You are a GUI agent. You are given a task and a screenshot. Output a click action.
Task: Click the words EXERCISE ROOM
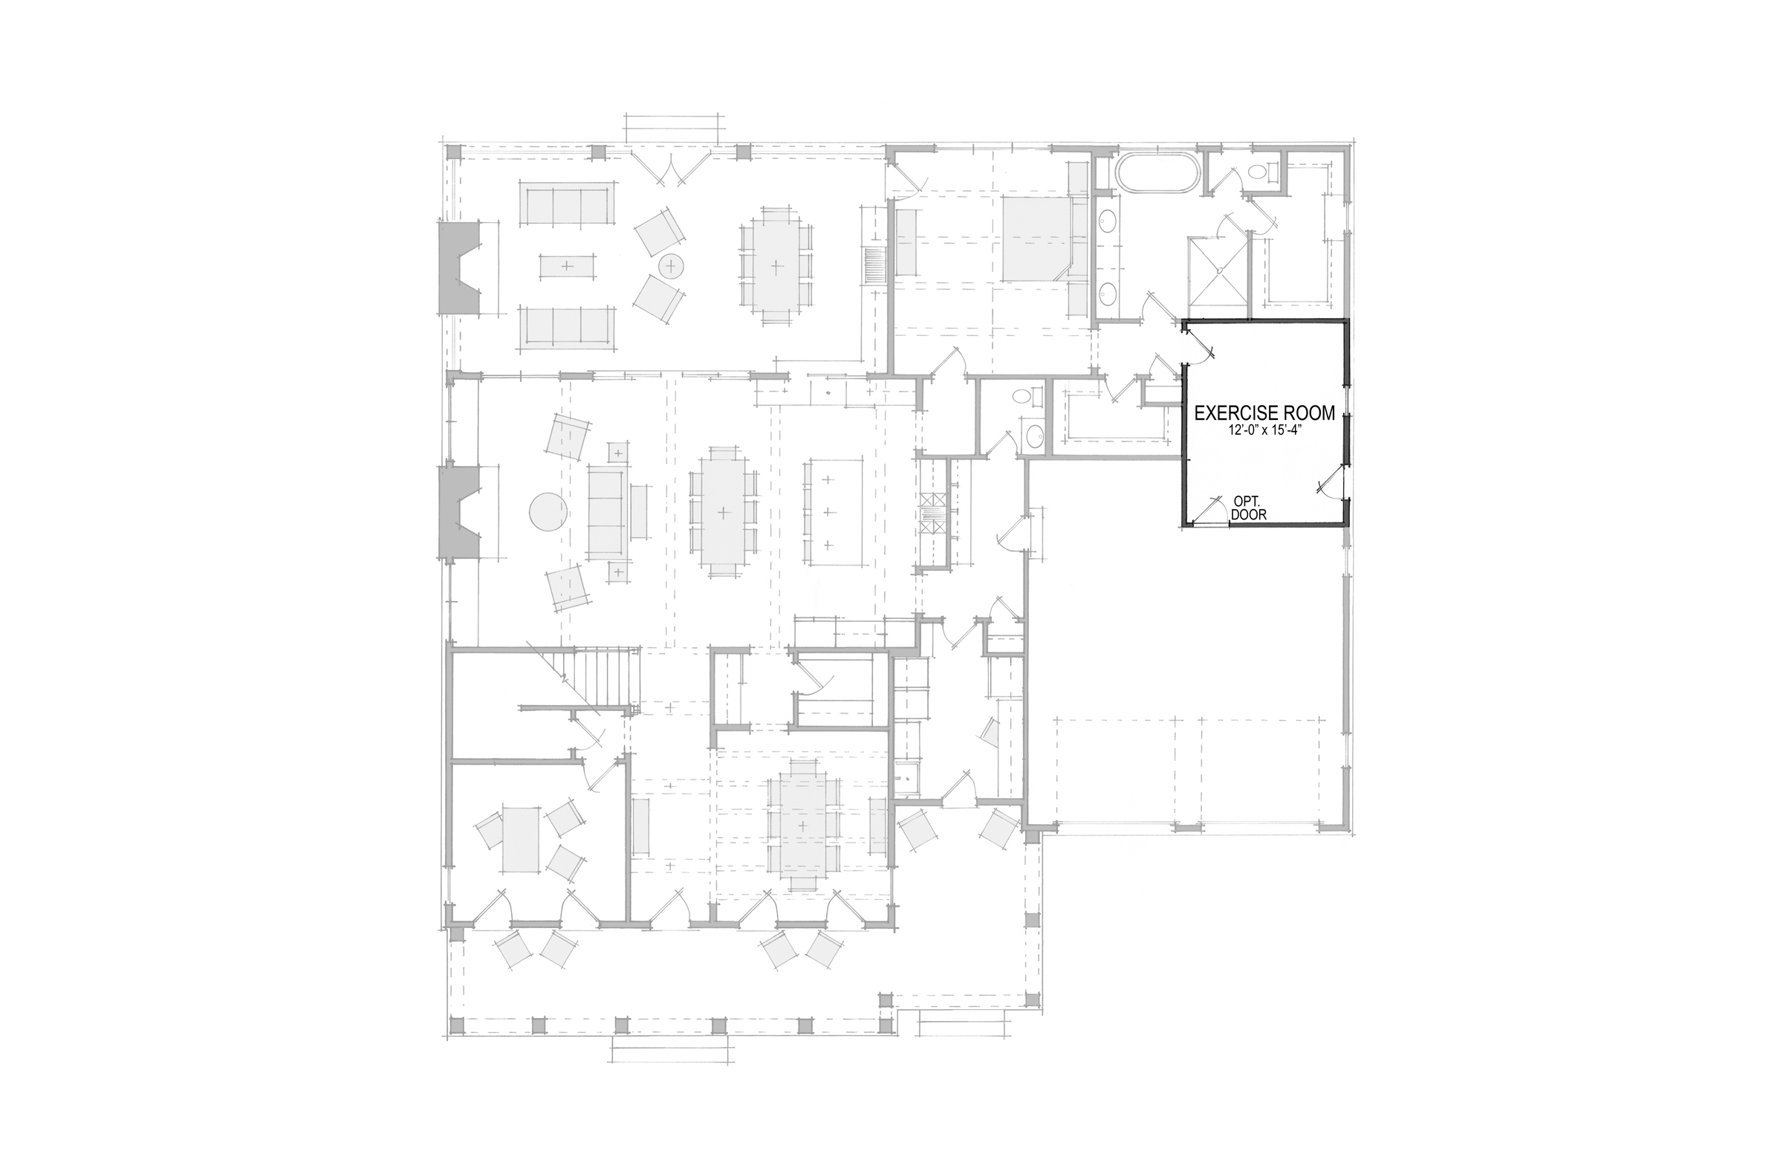1264,413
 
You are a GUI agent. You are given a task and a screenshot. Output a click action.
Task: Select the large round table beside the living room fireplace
548,513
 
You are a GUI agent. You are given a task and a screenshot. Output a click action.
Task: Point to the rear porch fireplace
459,267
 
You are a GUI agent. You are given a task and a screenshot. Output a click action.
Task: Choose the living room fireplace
459,513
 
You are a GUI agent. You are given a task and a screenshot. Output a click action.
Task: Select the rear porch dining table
776,265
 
